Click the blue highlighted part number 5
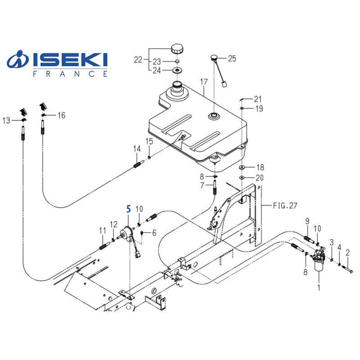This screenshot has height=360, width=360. tap(129, 209)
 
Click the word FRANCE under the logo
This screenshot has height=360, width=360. tap(70, 74)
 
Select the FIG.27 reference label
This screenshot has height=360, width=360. tap(285, 206)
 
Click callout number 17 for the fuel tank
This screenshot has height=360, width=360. tap(203, 82)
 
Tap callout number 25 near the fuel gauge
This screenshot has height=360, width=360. tap(232, 58)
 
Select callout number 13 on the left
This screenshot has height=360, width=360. tap(6, 120)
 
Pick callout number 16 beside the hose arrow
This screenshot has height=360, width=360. tap(61, 116)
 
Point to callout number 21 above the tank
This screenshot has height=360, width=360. tap(257, 99)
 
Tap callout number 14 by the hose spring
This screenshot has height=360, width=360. tap(136, 149)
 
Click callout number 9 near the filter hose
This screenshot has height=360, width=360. tap(307, 220)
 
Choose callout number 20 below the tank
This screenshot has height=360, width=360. tap(260, 178)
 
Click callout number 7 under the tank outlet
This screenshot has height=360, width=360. tap(202, 185)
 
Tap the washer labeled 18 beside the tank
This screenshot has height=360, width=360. tap(242, 167)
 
